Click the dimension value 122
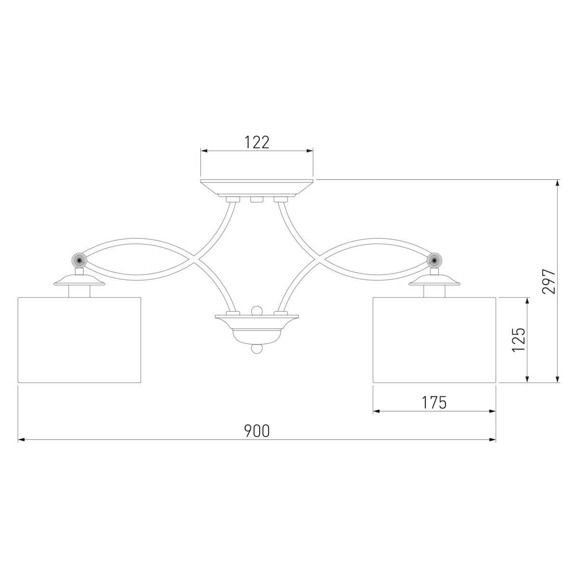pos(257,142)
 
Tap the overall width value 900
pos(257,431)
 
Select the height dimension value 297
pos(549,281)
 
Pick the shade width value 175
pos(434,403)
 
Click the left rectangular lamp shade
pos(79,340)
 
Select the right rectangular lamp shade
pos(434,340)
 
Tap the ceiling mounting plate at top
pos(257,188)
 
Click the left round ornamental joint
pos(79,260)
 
